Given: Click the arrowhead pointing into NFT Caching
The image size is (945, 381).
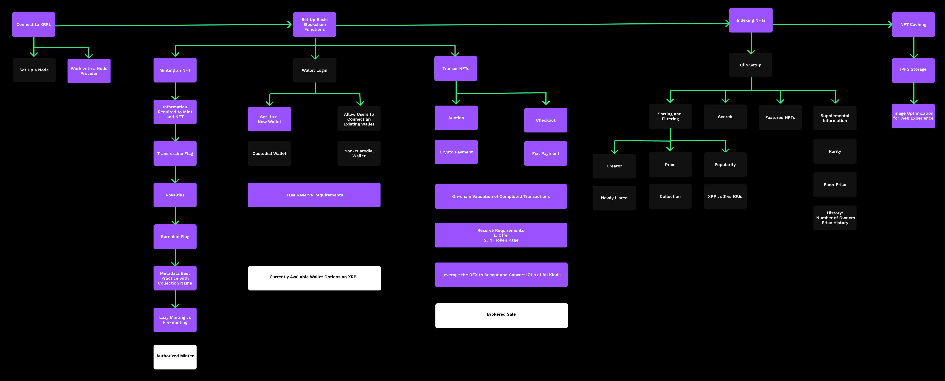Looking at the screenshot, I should pyautogui.click(x=890, y=25).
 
